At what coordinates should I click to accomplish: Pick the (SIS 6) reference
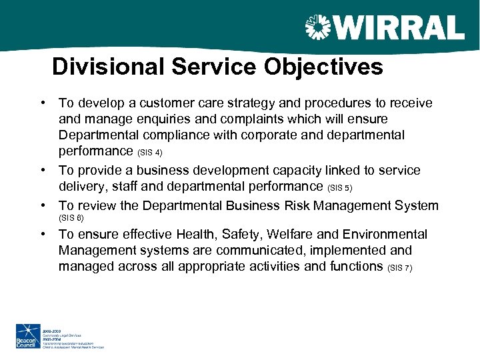(x=71, y=218)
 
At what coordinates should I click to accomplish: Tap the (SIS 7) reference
(x=399, y=268)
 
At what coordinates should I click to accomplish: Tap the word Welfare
(x=300, y=234)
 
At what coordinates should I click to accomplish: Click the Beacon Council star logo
(x=27, y=335)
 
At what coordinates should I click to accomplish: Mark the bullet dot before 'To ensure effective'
(x=42, y=234)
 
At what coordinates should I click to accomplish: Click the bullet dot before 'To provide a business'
(x=42, y=170)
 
